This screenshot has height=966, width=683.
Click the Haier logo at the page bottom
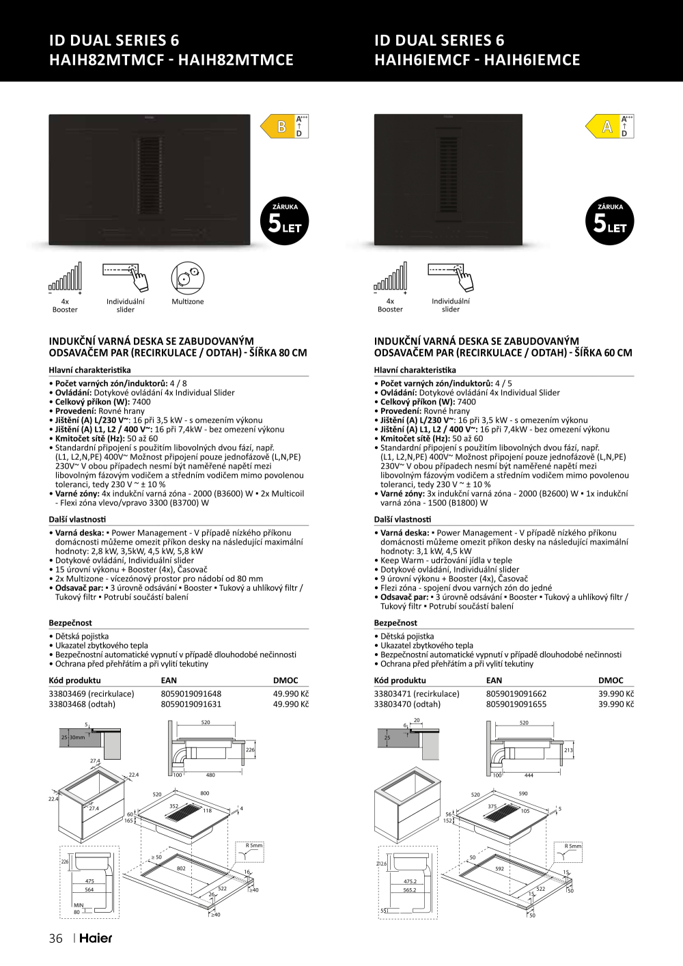pyautogui.click(x=96, y=938)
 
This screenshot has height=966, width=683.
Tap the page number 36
pyautogui.click(x=56, y=938)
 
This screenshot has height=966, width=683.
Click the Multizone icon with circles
pyautogui.click(x=187, y=277)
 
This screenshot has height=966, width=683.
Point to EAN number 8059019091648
pyautogui.click(x=191, y=693)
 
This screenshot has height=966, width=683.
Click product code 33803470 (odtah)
pyautogui.click(x=407, y=704)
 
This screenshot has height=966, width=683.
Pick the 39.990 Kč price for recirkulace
pyautogui.click(x=616, y=693)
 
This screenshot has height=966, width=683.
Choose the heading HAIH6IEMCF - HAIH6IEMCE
pyautogui.click(x=477, y=60)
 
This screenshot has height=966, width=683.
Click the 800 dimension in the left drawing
pyautogui.click(x=204, y=793)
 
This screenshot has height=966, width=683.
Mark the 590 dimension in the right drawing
pyautogui.click(x=523, y=794)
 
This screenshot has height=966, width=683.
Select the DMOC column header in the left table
pyautogui.click(x=285, y=680)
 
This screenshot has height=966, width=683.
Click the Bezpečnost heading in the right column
pyautogui.click(x=395, y=623)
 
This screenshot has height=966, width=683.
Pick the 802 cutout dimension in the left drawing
pyautogui.click(x=181, y=868)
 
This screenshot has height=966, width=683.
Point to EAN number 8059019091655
pyautogui.click(x=516, y=704)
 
